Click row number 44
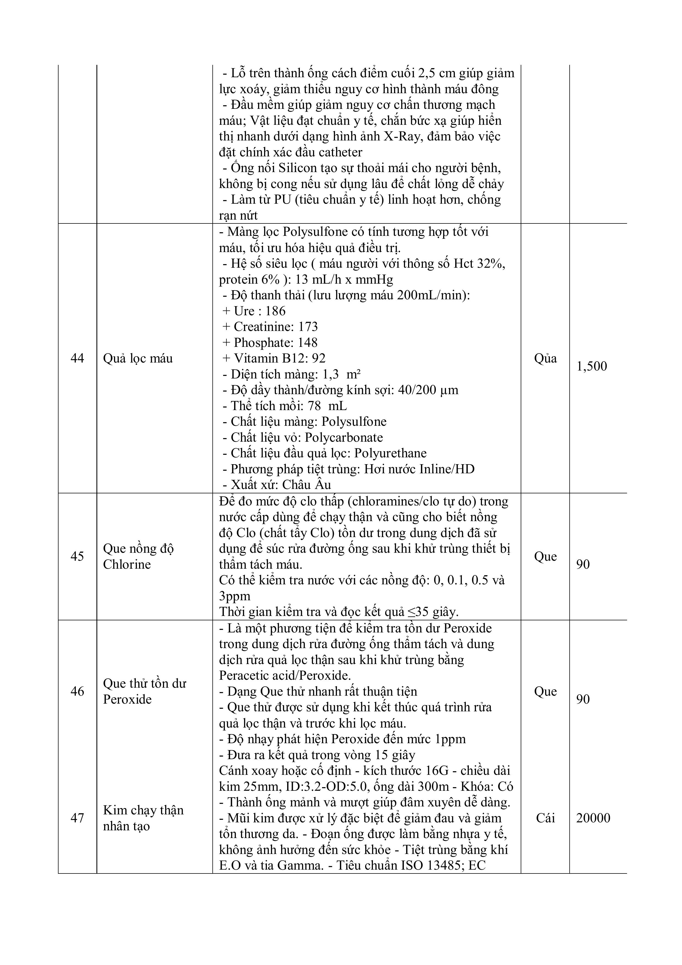pos(77,358)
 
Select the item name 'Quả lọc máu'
pos(138,358)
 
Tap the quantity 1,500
pos(592,366)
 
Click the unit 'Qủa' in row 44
pos(545,358)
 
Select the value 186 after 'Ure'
pos(275,311)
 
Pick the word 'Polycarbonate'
pos(344,438)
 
